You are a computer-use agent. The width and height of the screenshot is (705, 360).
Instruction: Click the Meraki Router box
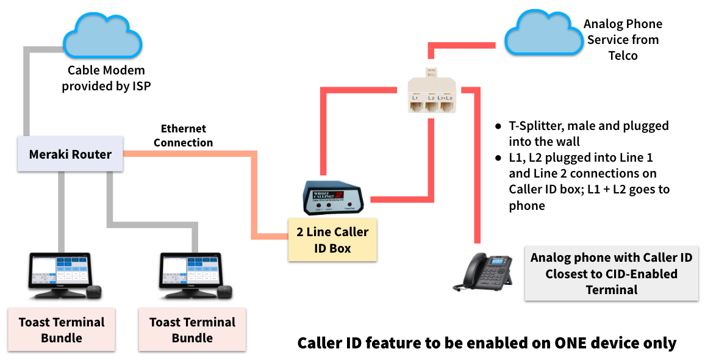point(71,154)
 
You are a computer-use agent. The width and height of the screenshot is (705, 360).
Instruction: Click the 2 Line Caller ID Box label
point(332,240)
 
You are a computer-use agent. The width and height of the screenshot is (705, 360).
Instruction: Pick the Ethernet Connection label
point(183,135)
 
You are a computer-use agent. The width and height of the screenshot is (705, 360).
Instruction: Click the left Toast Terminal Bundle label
point(62,329)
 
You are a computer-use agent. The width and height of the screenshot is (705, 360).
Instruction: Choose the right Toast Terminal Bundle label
point(193,329)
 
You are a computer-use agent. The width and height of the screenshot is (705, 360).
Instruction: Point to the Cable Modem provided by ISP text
point(106,78)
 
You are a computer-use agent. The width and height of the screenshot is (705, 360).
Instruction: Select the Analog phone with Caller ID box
point(611,273)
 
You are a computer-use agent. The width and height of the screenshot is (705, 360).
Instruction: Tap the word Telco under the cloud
point(623,56)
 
